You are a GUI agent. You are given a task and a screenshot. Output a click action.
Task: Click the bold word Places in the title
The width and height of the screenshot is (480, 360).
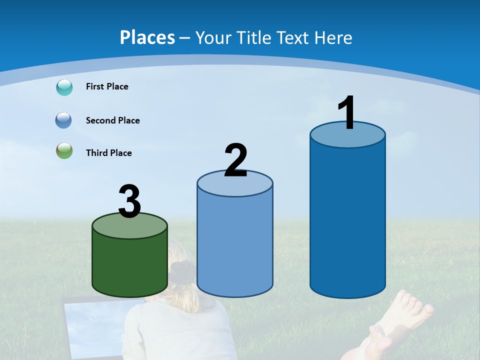coord(147,37)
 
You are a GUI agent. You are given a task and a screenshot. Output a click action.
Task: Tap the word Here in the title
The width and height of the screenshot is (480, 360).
coord(333,37)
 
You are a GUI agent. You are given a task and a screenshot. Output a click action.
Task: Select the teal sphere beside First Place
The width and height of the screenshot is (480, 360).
coord(64,87)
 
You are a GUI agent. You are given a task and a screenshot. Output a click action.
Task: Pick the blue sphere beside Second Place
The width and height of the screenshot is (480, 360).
coord(63,120)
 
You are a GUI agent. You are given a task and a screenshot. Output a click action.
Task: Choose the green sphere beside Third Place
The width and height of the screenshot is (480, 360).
coord(64,150)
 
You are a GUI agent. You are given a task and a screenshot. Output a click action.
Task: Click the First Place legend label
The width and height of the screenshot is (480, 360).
coord(107,86)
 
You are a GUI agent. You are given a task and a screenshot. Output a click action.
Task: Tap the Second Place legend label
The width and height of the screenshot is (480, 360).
coord(112,120)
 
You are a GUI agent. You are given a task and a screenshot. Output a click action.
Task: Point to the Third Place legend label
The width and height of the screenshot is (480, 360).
coord(108,153)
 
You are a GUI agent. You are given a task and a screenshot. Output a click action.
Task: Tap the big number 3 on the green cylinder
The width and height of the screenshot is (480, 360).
coord(130,202)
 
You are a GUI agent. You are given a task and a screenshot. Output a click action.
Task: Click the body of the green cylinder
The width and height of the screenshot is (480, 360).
coord(130,265)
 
